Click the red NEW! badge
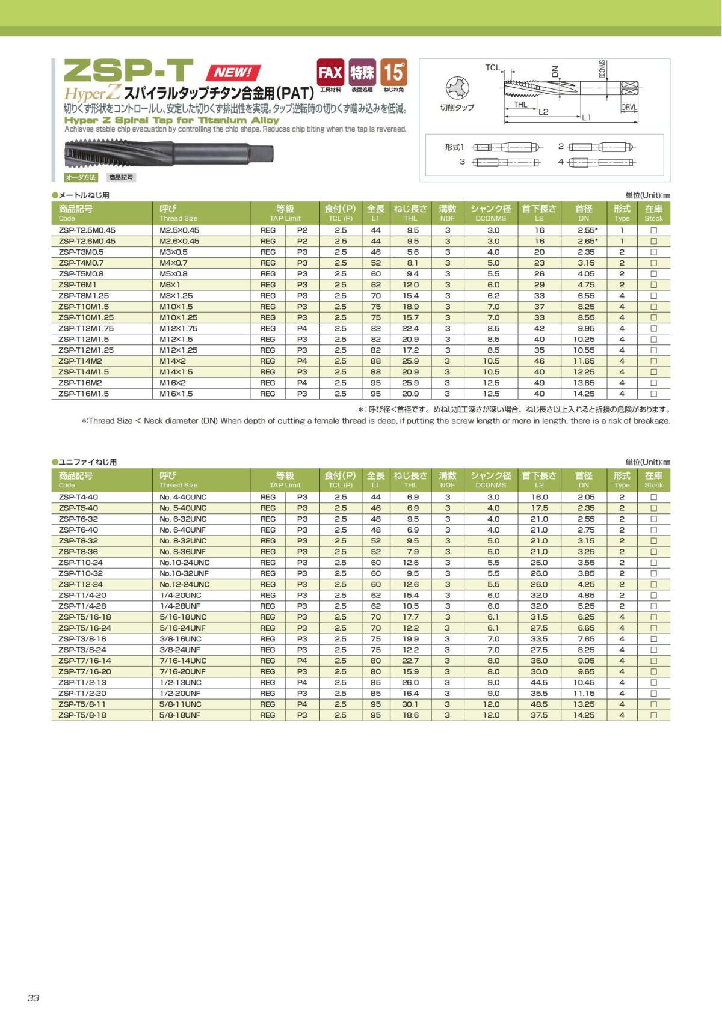pos(233,73)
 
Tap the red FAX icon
pos(330,73)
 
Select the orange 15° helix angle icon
pos(393,72)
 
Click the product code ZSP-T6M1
pos(78,285)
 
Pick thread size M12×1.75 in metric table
pos(178,328)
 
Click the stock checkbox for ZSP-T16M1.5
pos(653,394)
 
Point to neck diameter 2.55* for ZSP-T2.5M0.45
pos(587,230)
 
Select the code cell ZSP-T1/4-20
pos(82,595)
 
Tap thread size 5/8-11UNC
pos(180,704)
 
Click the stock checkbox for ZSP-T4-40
pos(653,498)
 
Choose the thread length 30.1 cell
pos(410,704)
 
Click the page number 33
pos(33,998)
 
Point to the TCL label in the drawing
pos(492,68)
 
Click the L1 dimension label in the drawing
pos(586,117)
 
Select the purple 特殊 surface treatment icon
pos(362,73)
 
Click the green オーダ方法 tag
pos(81,177)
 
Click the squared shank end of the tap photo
pos(261,153)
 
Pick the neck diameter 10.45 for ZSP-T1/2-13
pos(584,683)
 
